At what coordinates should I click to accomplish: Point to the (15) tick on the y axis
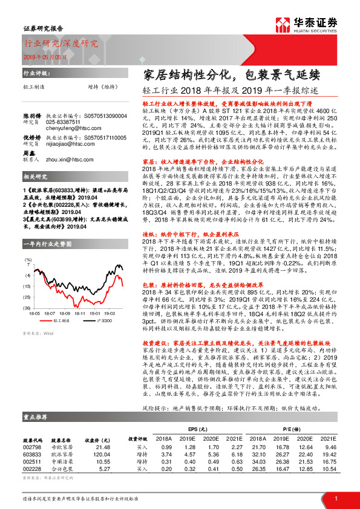coord(27,285)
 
